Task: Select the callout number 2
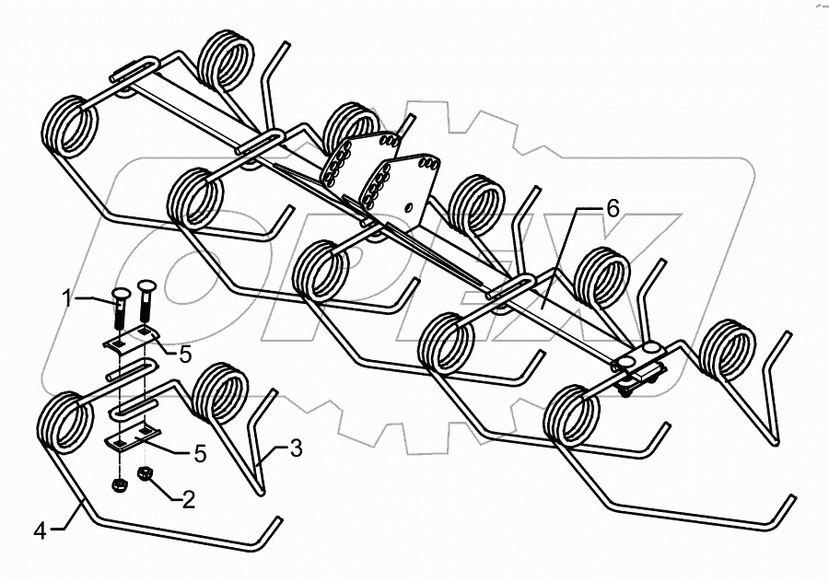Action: click(x=188, y=500)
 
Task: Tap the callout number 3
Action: click(x=295, y=449)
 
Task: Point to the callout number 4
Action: click(x=41, y=530)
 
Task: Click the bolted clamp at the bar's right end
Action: click(x=637, y=368)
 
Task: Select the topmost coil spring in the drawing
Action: click(x=227, y=62)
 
